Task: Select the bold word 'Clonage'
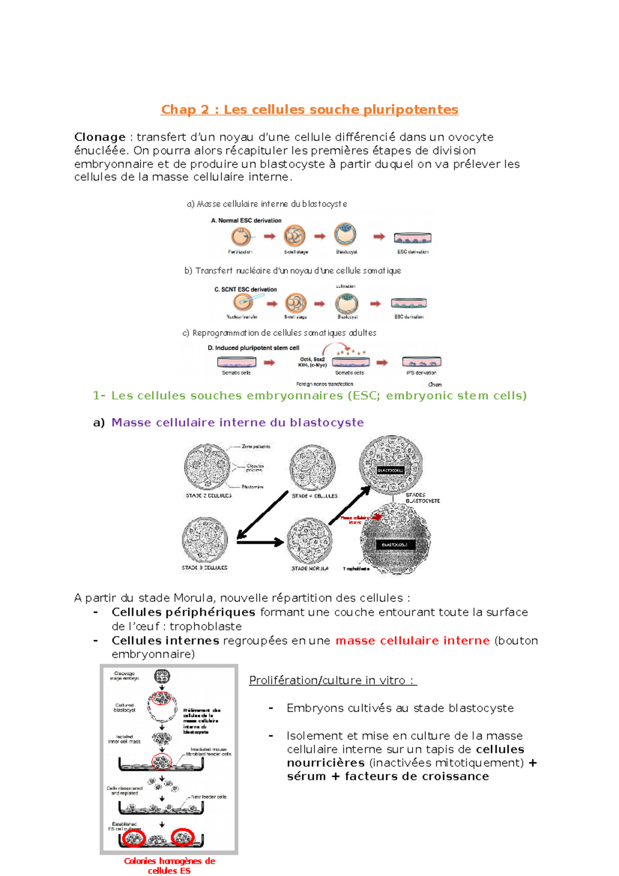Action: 100,137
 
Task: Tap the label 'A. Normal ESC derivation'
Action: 246,220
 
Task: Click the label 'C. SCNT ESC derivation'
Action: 246,289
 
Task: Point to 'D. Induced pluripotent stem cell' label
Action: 253,348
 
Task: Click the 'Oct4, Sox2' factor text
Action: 312,359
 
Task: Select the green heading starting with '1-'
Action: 309,396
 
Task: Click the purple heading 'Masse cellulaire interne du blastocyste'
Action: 237,423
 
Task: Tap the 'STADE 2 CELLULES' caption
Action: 208,496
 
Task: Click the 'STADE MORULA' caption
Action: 309,569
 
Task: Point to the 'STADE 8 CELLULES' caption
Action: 204,567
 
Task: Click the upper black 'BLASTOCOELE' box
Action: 390,471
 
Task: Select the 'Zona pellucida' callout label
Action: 256,446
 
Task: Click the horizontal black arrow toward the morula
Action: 260,542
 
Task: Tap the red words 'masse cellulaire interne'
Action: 412,641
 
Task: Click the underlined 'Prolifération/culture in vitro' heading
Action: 333,680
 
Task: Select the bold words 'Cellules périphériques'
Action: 183,612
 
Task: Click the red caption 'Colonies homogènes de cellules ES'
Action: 169,866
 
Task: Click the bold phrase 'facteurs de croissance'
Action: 417,776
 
